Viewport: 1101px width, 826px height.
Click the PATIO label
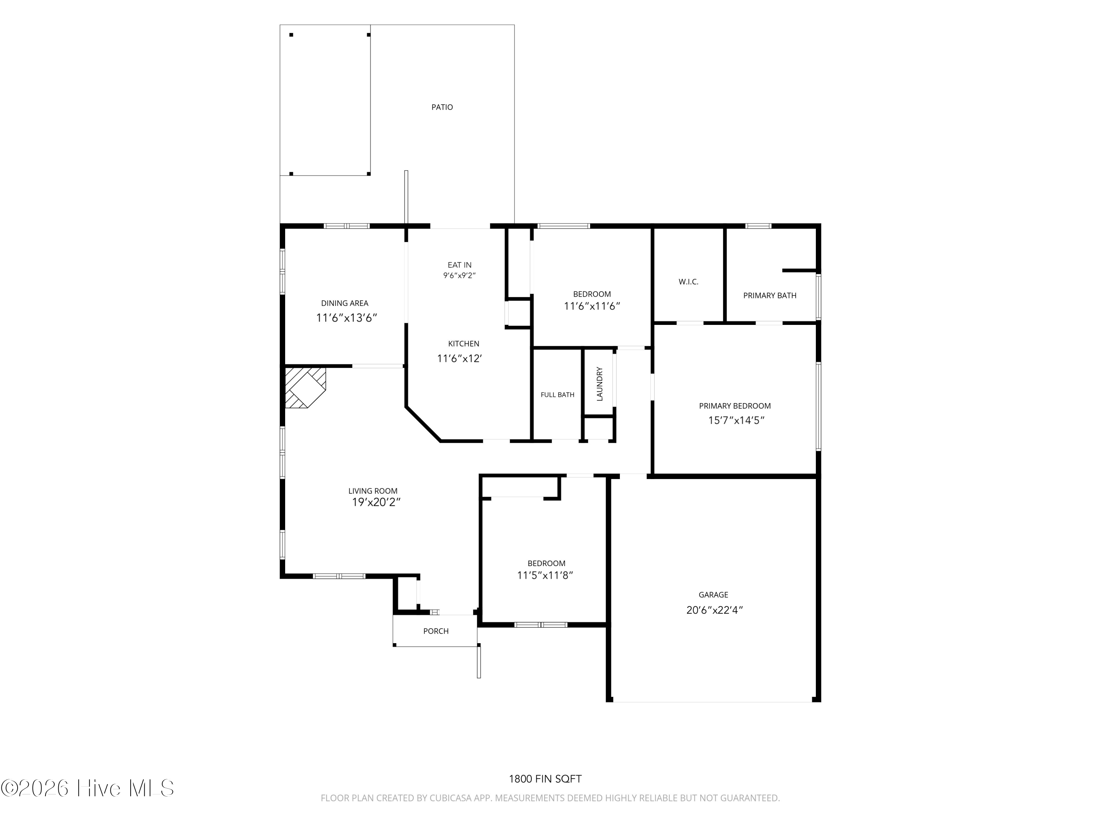(x=442, y=107)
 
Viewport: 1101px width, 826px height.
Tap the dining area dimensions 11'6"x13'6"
(x=347, y=318)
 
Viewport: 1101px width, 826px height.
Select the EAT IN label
(x=459, y=265)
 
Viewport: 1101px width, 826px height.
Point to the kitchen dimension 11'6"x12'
(x=459, y=358)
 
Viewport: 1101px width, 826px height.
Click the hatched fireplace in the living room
(x=305, y=387)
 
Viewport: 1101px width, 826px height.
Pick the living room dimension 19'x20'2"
(x=376, y=502)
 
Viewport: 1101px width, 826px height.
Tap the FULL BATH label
(x=557, y=395)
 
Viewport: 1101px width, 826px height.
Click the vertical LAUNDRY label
(x=600, y=384)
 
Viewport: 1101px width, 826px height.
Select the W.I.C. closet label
(x=688, y=282)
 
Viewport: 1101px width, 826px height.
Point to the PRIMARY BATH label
(x=770, y=295)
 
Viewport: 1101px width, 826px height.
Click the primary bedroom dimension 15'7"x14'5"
(x=736, y=420)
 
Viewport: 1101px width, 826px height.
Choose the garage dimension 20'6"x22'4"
(x=714, y=610)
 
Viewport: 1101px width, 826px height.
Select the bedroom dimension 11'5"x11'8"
(x=545, y=576)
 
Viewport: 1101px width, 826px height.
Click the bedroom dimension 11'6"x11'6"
(x=592, y=306)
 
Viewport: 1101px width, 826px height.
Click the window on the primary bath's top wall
(x=758, y=226)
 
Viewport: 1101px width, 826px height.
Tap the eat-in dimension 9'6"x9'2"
(x=459, y=275)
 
